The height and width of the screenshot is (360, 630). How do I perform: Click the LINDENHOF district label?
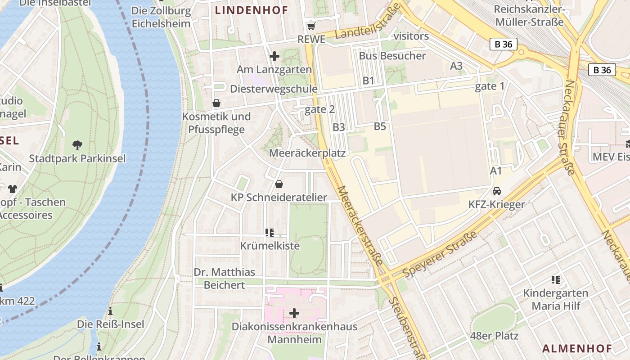pyautogui.click(x=251, y=10)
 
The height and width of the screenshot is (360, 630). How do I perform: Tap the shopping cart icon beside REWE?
pyautogui.click(x=311, y=27)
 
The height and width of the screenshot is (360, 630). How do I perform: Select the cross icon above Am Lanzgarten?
pyautogui.click(x=274, y=56)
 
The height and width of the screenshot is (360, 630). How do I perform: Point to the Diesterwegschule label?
pyautogui.click(x=274, y=89)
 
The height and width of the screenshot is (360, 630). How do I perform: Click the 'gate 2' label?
pyautogui.click(x=320, y=109)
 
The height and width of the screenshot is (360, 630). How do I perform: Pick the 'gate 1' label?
pyautogui.click(x=490, y=86)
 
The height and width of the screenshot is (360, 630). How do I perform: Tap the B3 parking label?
pyautogui.click(x=339, y=127)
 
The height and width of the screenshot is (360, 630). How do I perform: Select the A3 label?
pyautogui.click(x=456, y=66)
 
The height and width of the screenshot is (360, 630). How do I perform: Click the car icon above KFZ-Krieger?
pyautogui.click(x=497, y=191)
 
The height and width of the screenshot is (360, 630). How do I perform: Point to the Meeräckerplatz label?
pyautogui.click(x=307, y=153)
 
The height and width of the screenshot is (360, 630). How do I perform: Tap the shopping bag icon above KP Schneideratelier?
pyautogui.click(x=279, y=184)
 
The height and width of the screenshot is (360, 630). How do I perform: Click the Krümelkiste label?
pyautogui.click(x=270, y=246)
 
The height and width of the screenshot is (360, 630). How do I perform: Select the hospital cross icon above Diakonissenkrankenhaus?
pyautogui.click(x=294, y=313)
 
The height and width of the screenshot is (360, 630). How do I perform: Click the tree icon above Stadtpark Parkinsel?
pyautogui.click(x=77, y=145)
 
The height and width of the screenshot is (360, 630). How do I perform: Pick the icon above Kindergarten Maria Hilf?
pyautogui.click(x=556, y=280)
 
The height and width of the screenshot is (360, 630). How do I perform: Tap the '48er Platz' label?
pyautogui.click(x=494, y=336)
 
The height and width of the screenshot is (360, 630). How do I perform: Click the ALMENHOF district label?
pyautogui.click(x=577, y=348)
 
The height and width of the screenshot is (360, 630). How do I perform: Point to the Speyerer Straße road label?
pyautogui.click(x=440, y=255)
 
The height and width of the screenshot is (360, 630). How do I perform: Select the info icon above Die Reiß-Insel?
pyautogui.click(x=110, y=311)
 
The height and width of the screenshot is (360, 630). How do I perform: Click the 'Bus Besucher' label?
pyautogui.click(x=392, y=56)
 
